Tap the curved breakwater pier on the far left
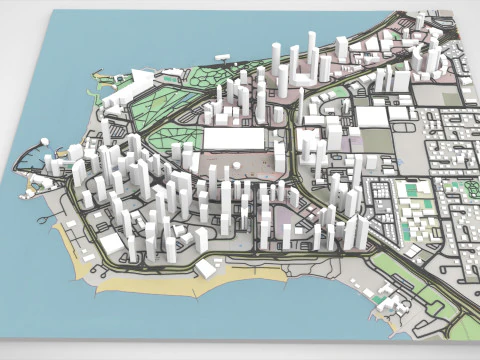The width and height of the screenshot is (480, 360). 27,160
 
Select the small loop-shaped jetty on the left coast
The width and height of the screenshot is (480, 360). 34,185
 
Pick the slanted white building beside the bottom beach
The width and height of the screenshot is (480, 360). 209,267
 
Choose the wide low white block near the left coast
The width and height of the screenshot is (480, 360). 112,244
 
